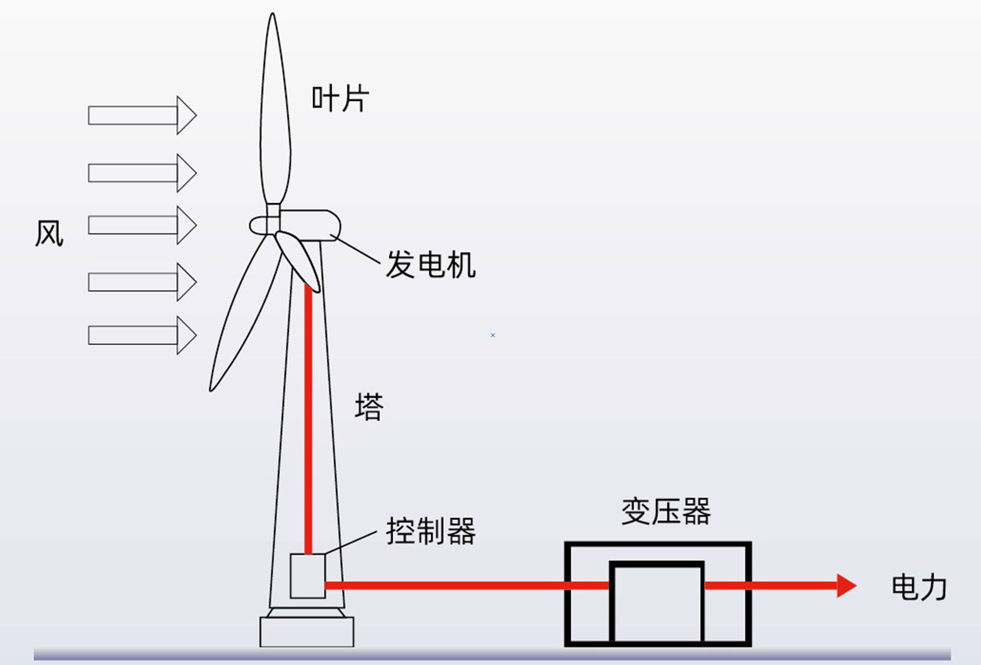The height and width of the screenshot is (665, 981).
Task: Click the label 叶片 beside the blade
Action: coord(340,99)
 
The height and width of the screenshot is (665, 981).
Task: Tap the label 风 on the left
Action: coord(49,233)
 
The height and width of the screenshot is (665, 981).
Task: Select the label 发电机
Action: coord(431,264)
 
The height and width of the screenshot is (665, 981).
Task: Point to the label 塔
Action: coord(369,406)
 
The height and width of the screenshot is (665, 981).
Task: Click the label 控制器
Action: coord(431,531)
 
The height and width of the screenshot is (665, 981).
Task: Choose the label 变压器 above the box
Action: coord(666,511)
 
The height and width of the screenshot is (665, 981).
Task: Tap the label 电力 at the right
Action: coord(919,588)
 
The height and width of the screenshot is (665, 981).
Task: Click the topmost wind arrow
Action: coord(142,115)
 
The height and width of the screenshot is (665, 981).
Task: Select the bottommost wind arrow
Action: coord(142,335)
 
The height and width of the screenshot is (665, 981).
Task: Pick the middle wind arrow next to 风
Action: coord(142,225)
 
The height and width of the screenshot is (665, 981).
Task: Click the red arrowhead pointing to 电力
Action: coord(846,586)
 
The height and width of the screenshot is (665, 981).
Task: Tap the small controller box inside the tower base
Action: coord(307,575)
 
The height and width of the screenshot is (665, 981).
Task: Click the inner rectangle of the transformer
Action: coord(657,603)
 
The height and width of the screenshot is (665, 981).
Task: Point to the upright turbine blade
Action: coord(275,114)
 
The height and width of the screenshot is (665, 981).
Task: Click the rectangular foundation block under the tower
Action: coord(307,632)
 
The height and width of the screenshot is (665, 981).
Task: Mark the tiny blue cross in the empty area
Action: coord(493,335)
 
